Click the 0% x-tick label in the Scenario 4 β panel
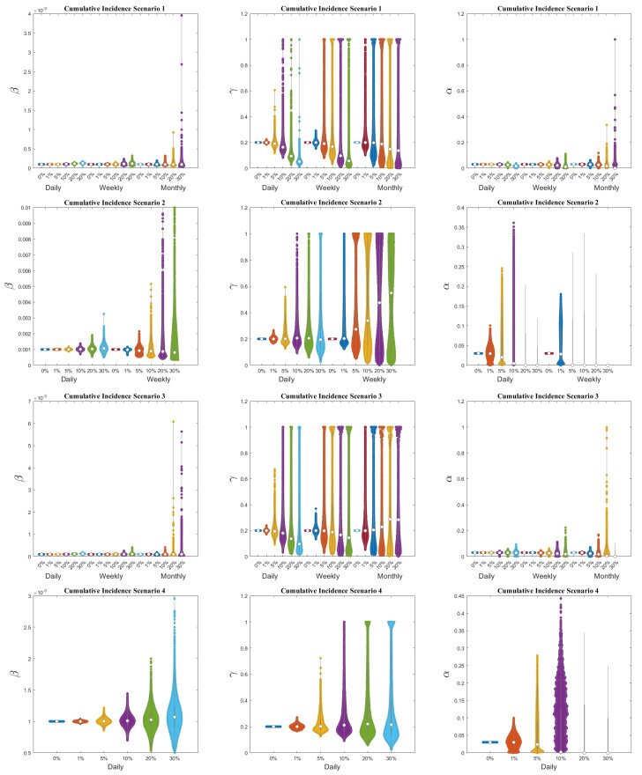[56, 759]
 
